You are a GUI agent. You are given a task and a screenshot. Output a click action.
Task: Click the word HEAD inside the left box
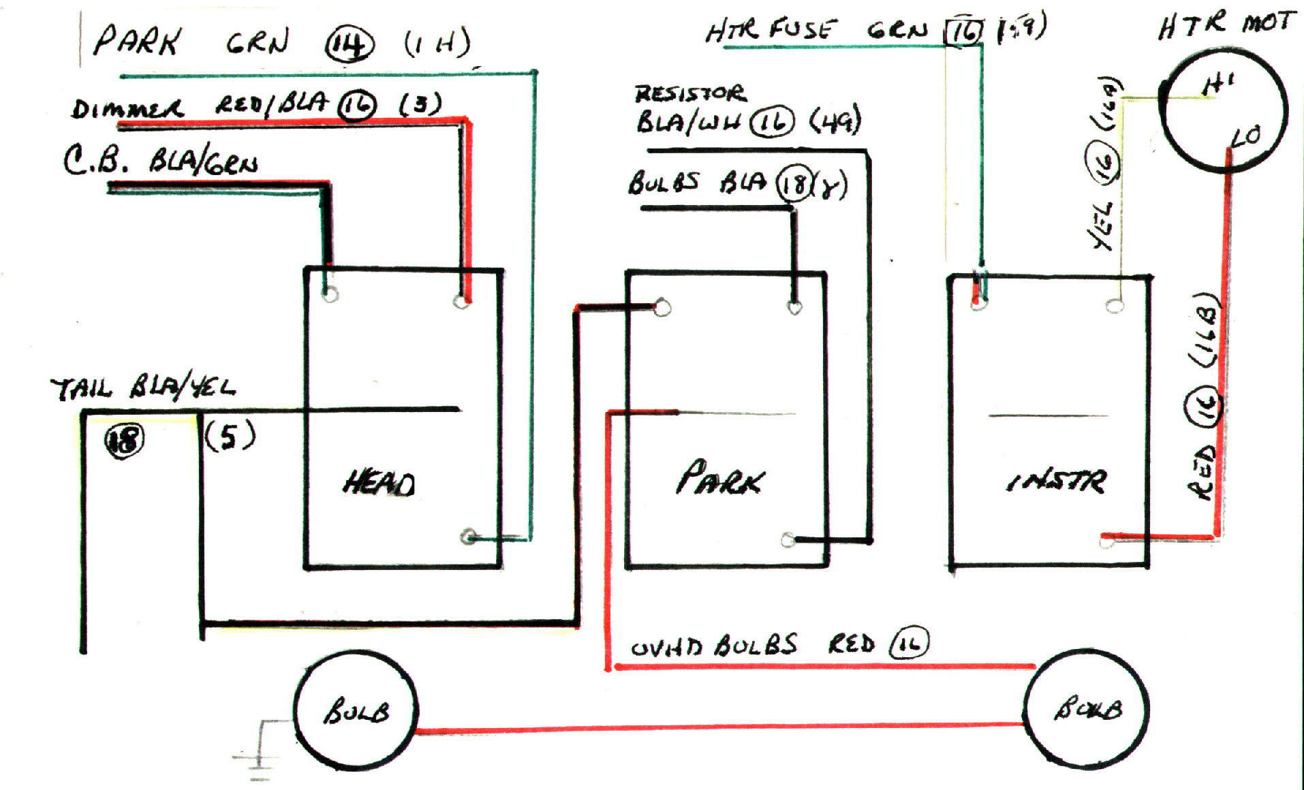tap(379, 483)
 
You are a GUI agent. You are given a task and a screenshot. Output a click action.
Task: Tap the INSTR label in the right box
tap(1056, 481)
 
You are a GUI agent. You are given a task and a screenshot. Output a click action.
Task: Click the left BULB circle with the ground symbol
tap(356, 712)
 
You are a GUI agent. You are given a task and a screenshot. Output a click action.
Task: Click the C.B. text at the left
tap(95, 161)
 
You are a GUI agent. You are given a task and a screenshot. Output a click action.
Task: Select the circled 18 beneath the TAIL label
tap(124, 440)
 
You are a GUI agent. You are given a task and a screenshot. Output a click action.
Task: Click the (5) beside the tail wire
tap(230, 436)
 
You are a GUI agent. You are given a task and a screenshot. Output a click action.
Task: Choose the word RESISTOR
tap(689, 93)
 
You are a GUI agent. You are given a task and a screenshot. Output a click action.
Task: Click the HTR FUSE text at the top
tap(769, 30)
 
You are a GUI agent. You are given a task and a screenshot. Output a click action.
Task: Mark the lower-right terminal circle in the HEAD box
tap(468, 537)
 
